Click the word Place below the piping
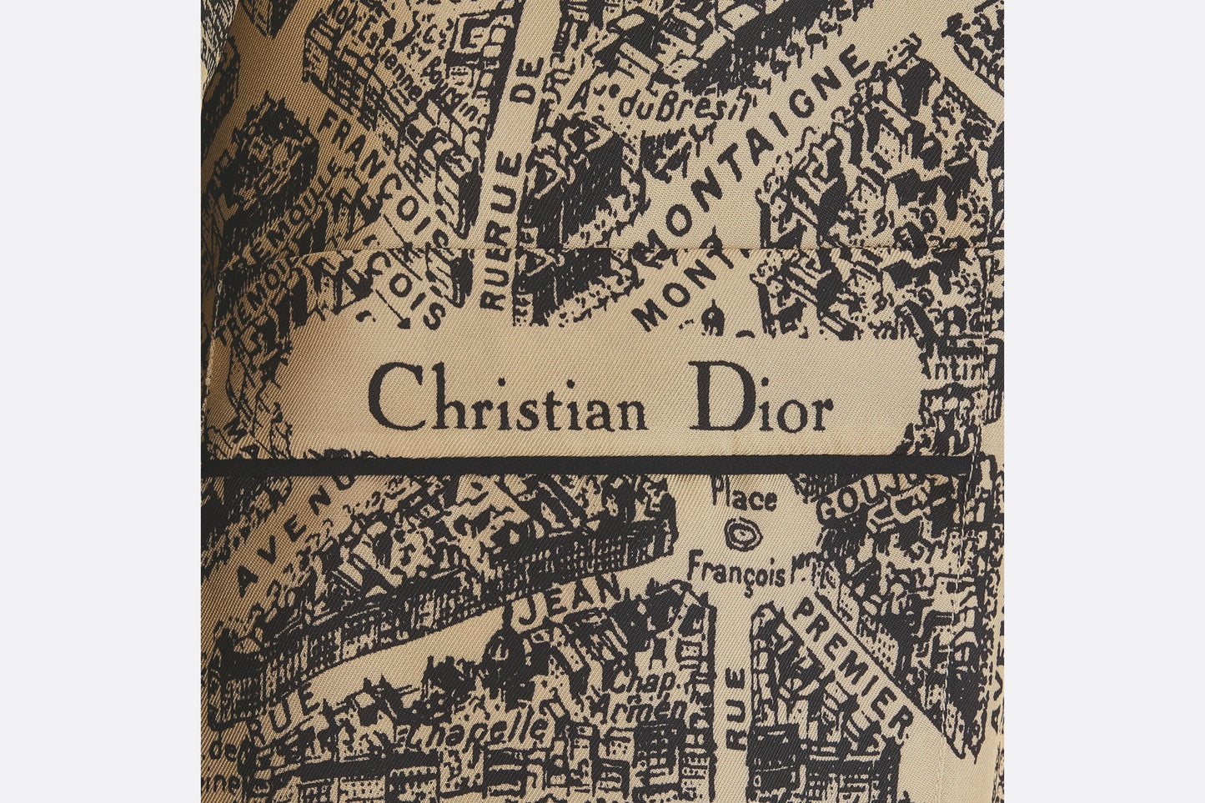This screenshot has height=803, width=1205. pyautogui.click(x=744, y=499)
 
